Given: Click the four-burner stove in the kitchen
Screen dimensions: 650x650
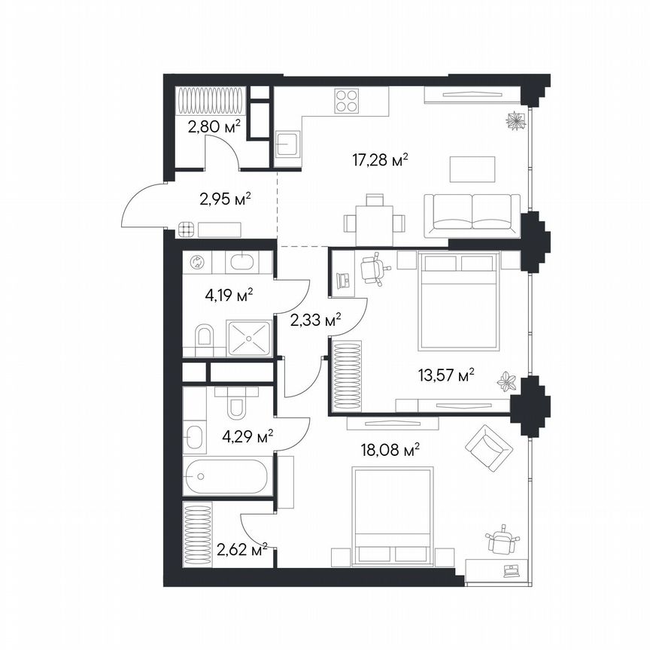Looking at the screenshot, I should tap(346, 102).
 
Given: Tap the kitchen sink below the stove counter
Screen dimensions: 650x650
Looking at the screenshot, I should tap(287, 144).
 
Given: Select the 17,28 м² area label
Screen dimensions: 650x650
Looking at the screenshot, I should tap(380, 159).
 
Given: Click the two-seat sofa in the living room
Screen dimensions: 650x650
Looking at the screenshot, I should tap(472, 211).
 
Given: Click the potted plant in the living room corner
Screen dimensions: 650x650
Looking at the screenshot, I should tap(515, 120).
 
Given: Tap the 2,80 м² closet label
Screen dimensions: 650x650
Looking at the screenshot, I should tap(214, 126).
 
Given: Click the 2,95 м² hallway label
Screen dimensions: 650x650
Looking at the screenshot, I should tap(225, 199).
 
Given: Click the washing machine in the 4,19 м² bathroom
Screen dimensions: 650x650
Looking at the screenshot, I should tap(197, 263).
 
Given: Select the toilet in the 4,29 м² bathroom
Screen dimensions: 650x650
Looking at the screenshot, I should tap(236, 404).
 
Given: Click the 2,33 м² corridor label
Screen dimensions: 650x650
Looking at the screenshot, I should tap(315, 321).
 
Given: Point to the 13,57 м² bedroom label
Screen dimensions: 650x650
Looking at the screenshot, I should tap(448, 375).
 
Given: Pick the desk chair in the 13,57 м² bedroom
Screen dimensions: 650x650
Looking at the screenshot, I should tap(372, 269).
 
